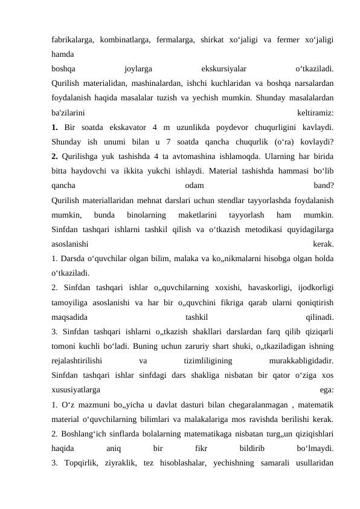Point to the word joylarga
point(138,68)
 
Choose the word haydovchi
point(100,170)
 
